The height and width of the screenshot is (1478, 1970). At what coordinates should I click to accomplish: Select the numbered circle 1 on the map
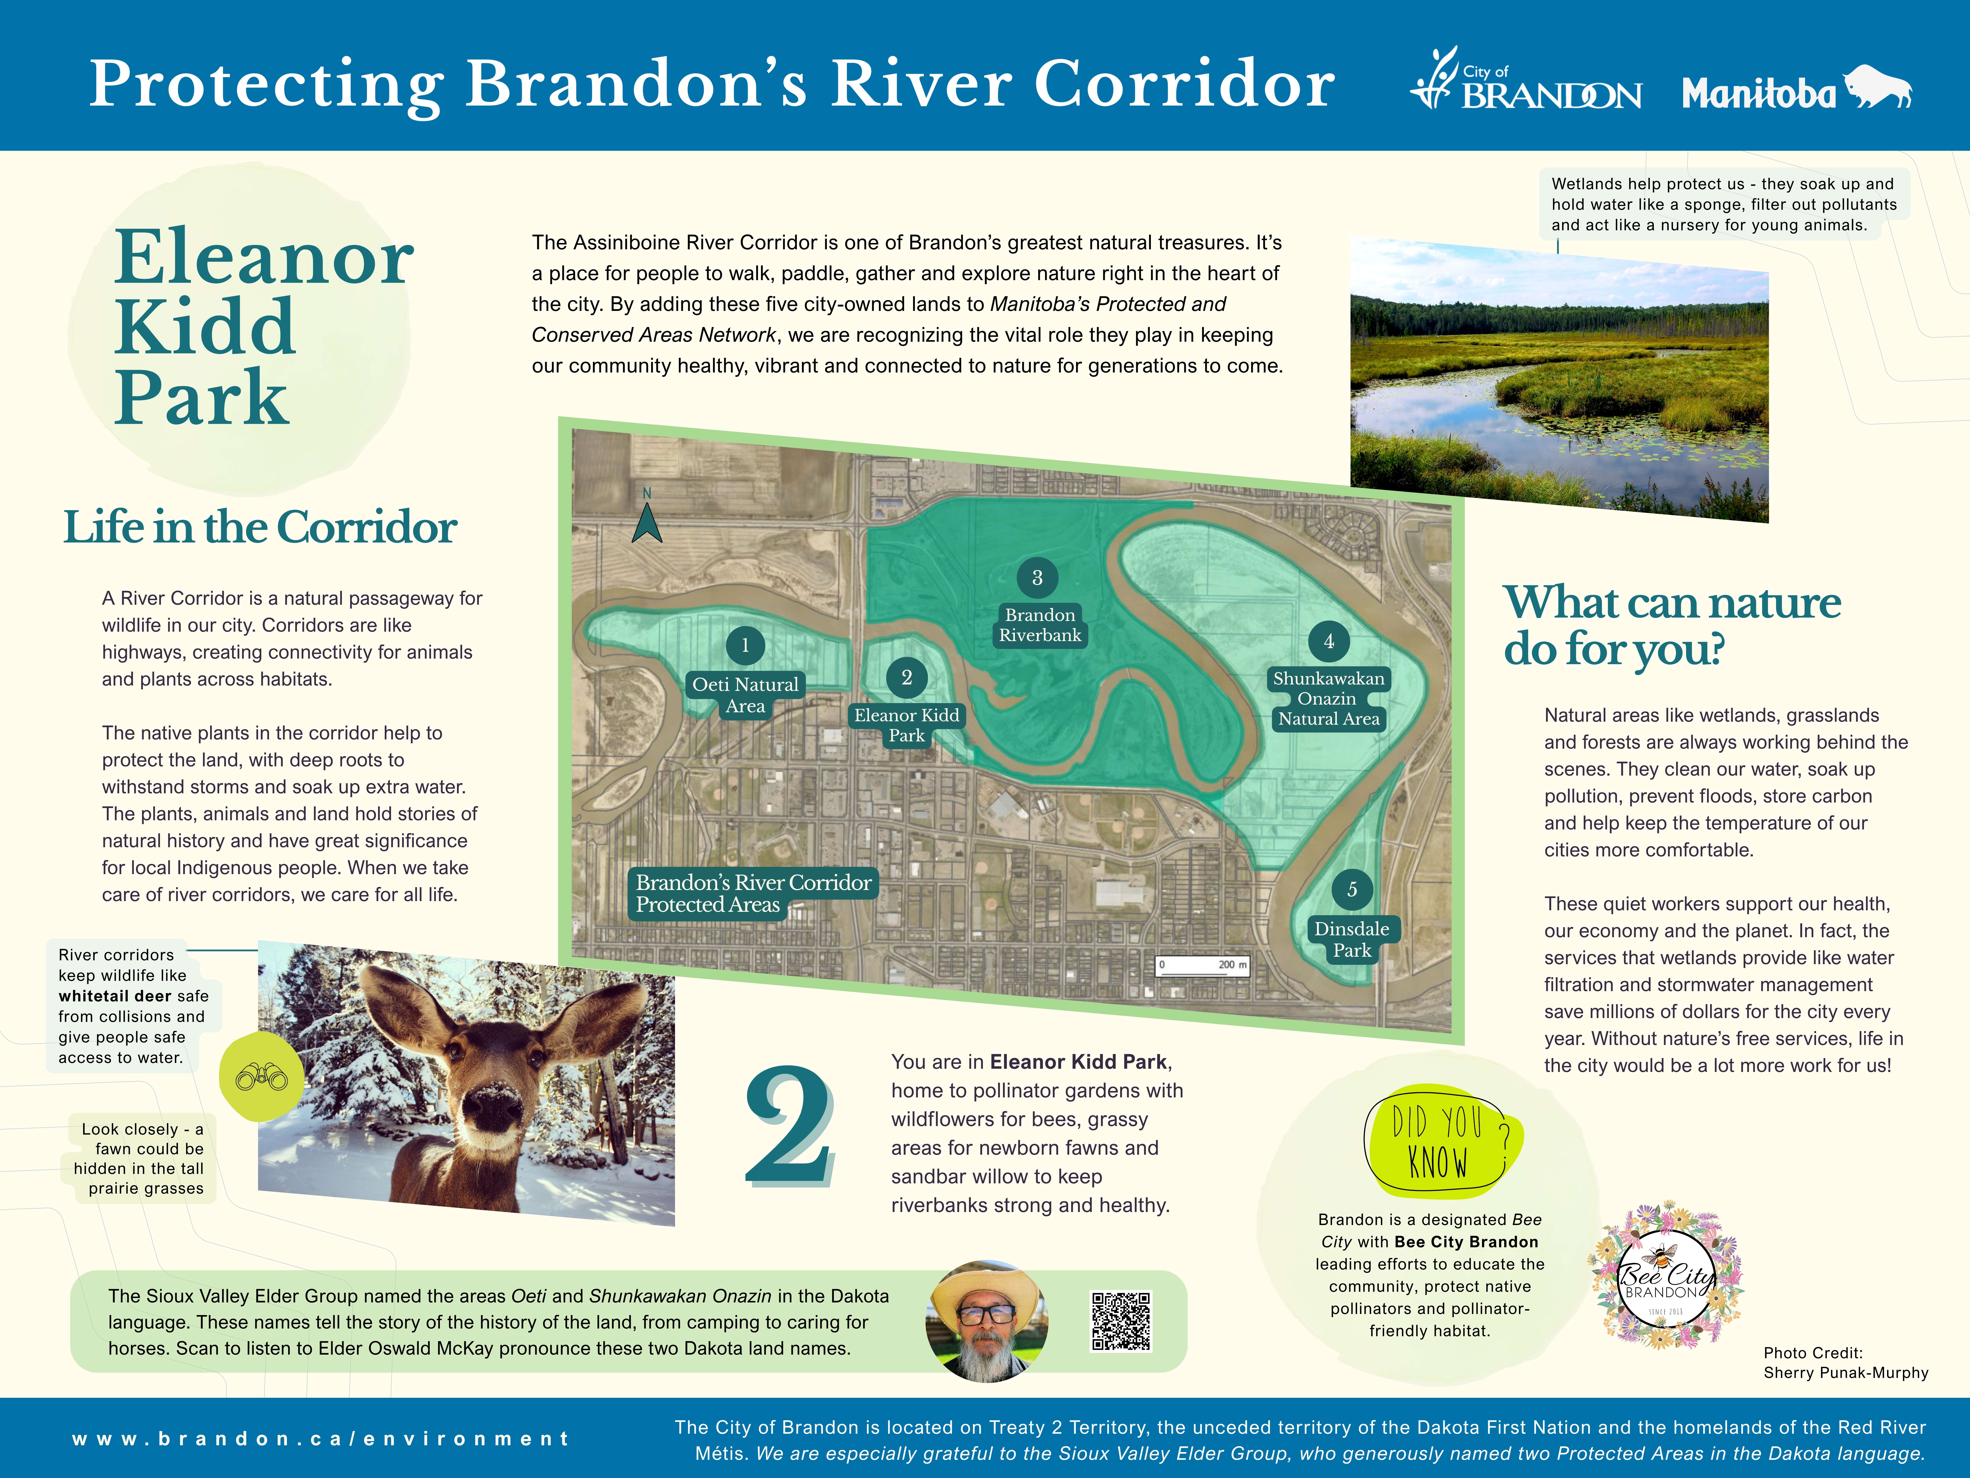745,645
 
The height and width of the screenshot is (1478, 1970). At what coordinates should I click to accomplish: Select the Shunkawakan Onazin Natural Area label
1328,698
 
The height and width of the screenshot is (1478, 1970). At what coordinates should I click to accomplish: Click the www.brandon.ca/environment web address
321,1439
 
